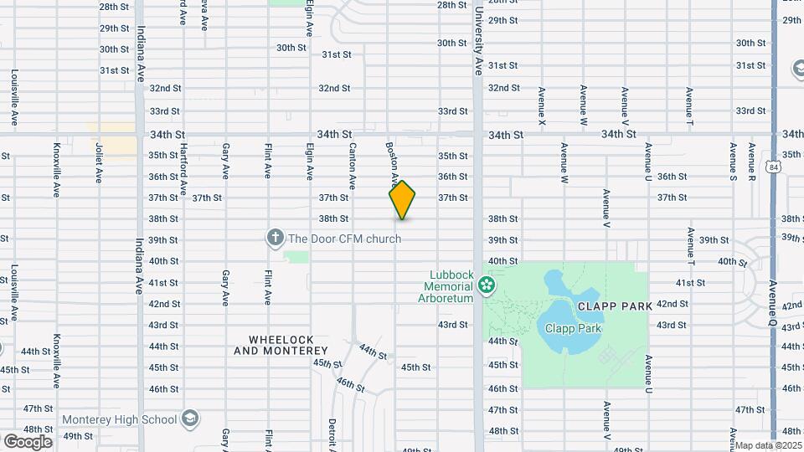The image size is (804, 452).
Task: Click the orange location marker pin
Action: pos(402,200)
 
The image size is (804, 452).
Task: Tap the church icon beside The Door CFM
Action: pos(275,239)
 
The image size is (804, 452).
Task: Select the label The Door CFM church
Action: pos(344,239)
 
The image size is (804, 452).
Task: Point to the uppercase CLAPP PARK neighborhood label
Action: pos(614,306)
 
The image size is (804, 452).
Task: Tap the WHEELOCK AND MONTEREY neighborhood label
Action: pos(281,345)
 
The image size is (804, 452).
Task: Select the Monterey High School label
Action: pos(119,419)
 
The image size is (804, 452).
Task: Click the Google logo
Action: pos(28,441)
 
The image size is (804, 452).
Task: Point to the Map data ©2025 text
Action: pos(769,445)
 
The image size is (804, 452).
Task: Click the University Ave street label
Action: pos(478,42)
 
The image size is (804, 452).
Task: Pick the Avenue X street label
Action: pos(543,107)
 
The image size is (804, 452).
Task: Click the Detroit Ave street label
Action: pos(332,434)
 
